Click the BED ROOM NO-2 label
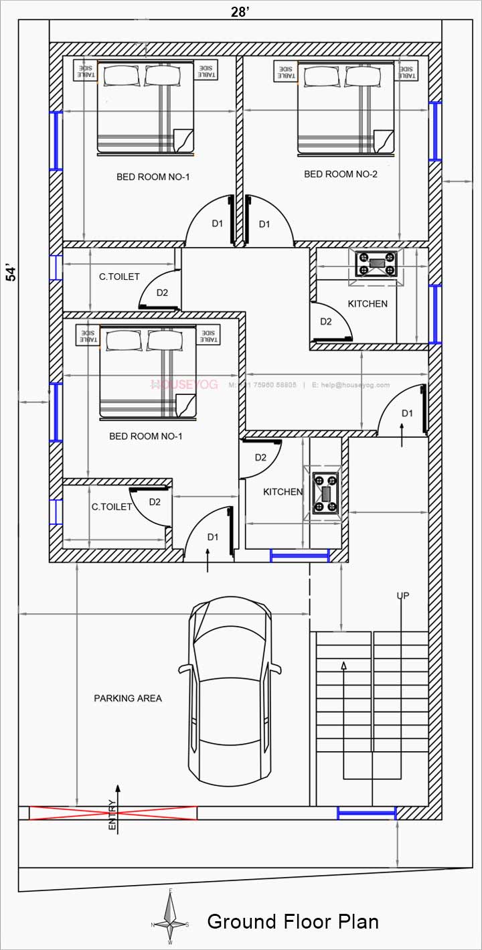pos(341,174)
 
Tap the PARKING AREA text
pos(127,698)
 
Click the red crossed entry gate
pos(113,813)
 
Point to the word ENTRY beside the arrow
pos(112,816)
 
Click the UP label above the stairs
pos(402,596)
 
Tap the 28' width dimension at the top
pos(241,11)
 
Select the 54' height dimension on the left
pos(11,272)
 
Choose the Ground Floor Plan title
pos(293,922)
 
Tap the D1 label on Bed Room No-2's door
pos(264,224)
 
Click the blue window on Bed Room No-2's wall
pos(435,131)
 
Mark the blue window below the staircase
pos(367,813)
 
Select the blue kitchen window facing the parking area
pos(300,555)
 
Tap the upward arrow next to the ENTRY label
pos(118,794)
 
